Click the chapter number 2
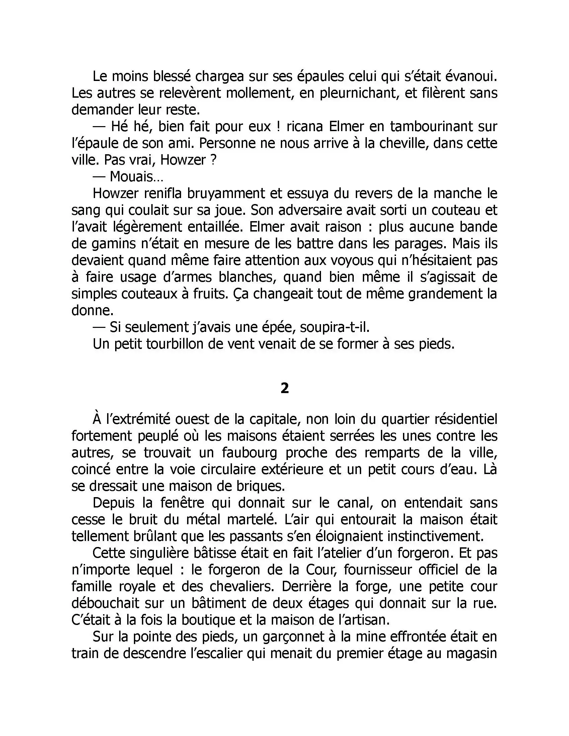tap(284, 388)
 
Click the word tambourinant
tap(429, 127)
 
